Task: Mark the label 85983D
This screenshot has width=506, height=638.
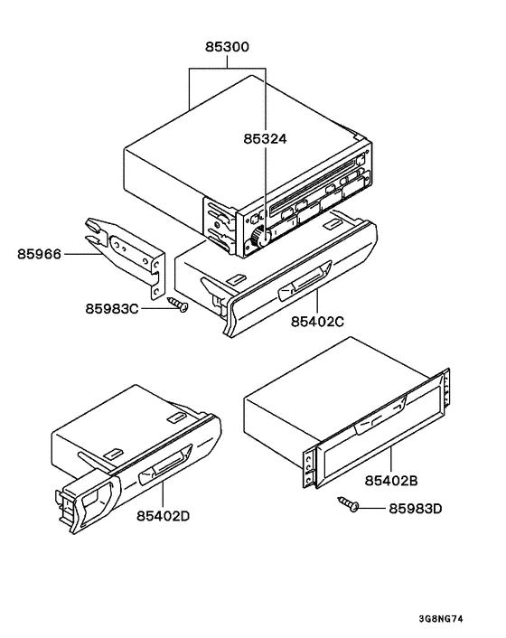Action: click(x=415, y=508)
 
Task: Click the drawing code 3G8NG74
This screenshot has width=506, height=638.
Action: click(x=443, y=619)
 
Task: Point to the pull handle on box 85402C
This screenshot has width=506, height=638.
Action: click(x=301, y=288)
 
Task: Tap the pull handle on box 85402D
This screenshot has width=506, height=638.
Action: click(x=160, y=467)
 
